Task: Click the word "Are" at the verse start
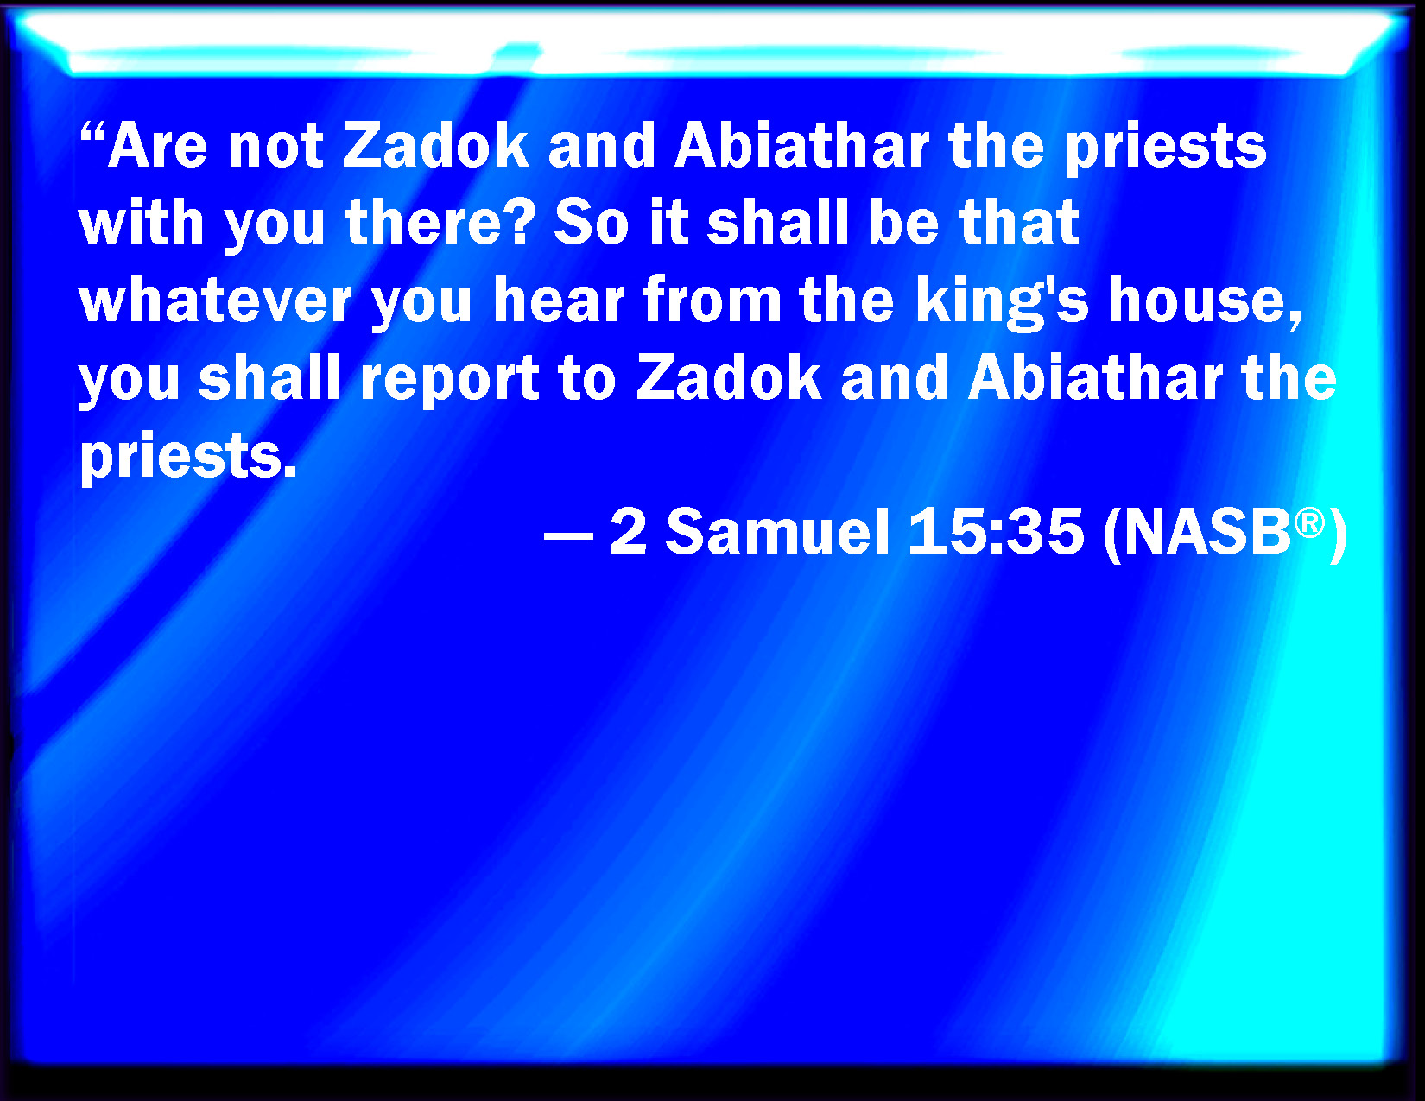pyautogui.click(x=157, y=145)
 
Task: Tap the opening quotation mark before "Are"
pyautogui.click(x=92, y=132)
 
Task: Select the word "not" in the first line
pyautogui.click(x=275, y=147)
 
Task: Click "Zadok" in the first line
pyautogui.click(x=435, y=145)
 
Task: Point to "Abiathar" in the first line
pyautogui.click(x=801, y=145)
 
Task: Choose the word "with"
pyautogui.click(x=142, y=222)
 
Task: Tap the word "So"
pyautogui.click(x=592, y=223)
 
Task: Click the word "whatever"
pyautogui.click(x=216, y=301)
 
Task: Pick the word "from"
pyautogui.click(x=712, y=301)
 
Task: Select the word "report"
pyautogui.click(x=450, y=380)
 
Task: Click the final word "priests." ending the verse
pyautogui.click(x=188, y=458)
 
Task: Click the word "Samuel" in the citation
pyautogui.click(x=778, y=533)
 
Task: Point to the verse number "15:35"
pyautogui.click(x=996, y=533)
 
